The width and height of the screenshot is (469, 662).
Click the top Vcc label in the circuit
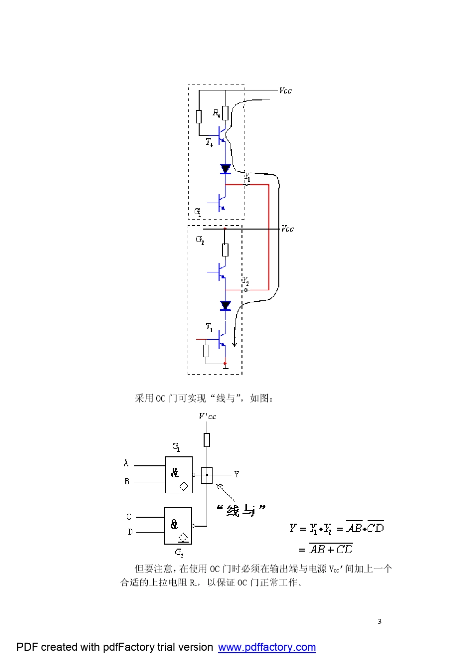(x=285, y=91)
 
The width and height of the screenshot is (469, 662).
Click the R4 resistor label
(x=216, y=113)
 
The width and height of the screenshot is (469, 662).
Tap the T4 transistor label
(x=209, y=142)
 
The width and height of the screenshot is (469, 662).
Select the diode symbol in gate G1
(x=225, y=169)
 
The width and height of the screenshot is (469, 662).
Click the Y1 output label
(x=247, y=177)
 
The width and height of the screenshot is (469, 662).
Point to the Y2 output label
(x=245, y=281)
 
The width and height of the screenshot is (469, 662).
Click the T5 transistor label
(x=209, y=327)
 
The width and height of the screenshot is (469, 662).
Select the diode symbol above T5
(x=225, y=306)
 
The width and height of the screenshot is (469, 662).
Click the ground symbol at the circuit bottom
(x=225, y=367)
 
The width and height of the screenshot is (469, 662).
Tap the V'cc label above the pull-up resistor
(x=207, y=416)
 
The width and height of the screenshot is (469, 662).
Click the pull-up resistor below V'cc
(x=207, y=440)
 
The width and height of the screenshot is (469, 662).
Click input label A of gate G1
(x=126, y=463)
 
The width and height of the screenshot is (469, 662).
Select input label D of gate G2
(x=130, y=532)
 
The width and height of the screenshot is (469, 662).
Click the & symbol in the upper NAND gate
(x=175, y=473)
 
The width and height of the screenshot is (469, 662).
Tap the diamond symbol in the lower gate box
(x=183, y=537)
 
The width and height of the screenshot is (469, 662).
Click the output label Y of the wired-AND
(x=237, y=474)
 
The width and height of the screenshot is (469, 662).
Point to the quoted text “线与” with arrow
(x=240, y=510)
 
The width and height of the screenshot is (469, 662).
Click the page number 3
(x=379, y=622)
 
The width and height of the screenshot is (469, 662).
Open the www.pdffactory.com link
(x=267, y=647)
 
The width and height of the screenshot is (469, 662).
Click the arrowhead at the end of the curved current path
(x=234, y=343)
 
